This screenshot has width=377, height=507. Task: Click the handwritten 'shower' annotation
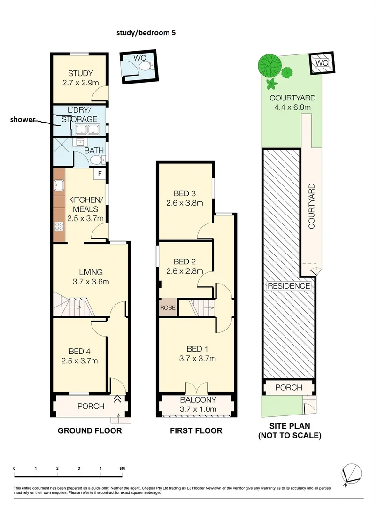point(23,119)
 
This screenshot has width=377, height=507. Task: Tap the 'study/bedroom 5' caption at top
point(146,33)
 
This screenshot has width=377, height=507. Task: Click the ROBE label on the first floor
point(168,308)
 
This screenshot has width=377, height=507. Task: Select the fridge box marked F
point(100,174)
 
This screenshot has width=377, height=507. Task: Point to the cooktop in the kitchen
point(59,227)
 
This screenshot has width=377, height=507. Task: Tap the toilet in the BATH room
point(97,161)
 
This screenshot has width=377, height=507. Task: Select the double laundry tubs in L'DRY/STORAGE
point(87,130)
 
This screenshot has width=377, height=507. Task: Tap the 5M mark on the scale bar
point(122,469)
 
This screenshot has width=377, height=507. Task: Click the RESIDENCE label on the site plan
point(289,286)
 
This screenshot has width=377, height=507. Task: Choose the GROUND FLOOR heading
point(89,430)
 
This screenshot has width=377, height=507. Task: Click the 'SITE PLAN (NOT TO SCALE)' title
point(289,431)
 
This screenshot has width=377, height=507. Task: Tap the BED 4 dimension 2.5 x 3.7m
point(79,361)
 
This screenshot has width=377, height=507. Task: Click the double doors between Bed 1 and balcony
point(196,388)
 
